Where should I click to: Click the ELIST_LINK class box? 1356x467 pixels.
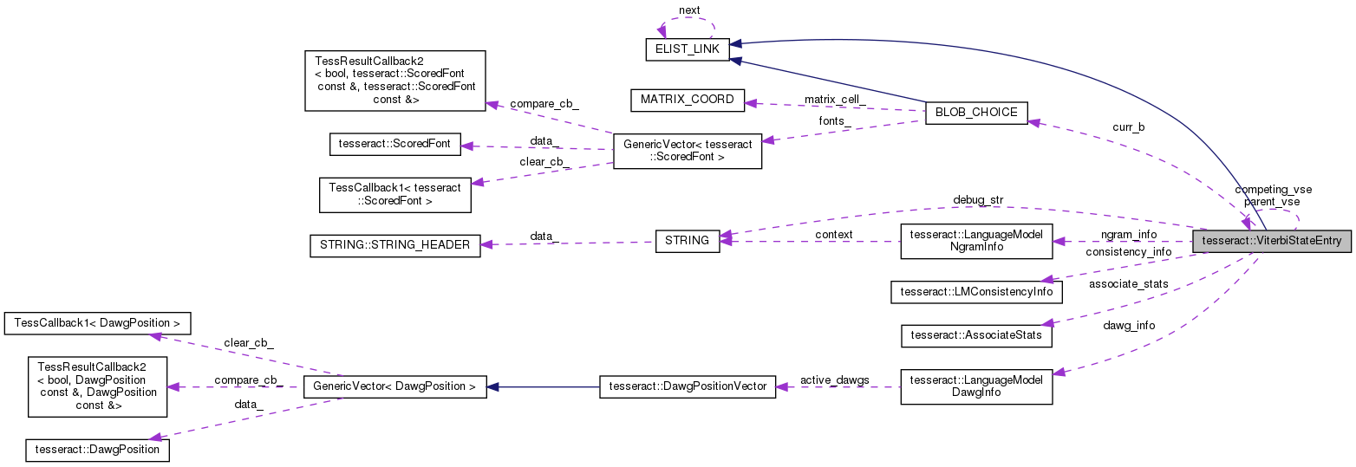coord(687,49)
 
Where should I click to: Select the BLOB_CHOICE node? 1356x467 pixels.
coord(976,113)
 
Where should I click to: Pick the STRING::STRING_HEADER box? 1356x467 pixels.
coord(394,245)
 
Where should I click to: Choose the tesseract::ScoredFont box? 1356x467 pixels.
coord(394,144)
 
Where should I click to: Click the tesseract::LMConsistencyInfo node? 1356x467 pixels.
coord(976,291)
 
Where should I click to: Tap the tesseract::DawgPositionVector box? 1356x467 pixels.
coord(688,386)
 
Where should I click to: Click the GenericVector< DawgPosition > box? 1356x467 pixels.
coord(394,386)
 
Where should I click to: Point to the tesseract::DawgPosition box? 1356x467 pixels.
coord(97,450)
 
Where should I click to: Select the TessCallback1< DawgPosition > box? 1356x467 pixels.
coord(97,323)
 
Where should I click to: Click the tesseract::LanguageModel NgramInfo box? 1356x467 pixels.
coord(976,241)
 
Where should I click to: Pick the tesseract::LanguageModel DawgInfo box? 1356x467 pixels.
coord(976,386)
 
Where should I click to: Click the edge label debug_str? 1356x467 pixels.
coord(977,200)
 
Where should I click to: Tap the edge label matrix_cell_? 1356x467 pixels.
coord(834,101)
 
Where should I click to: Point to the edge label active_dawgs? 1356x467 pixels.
coord(833,379)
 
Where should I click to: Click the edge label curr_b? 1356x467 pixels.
coord(1128,127)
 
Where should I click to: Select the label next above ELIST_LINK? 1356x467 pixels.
coord(689,10)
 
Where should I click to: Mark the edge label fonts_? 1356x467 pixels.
coord(832,121)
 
